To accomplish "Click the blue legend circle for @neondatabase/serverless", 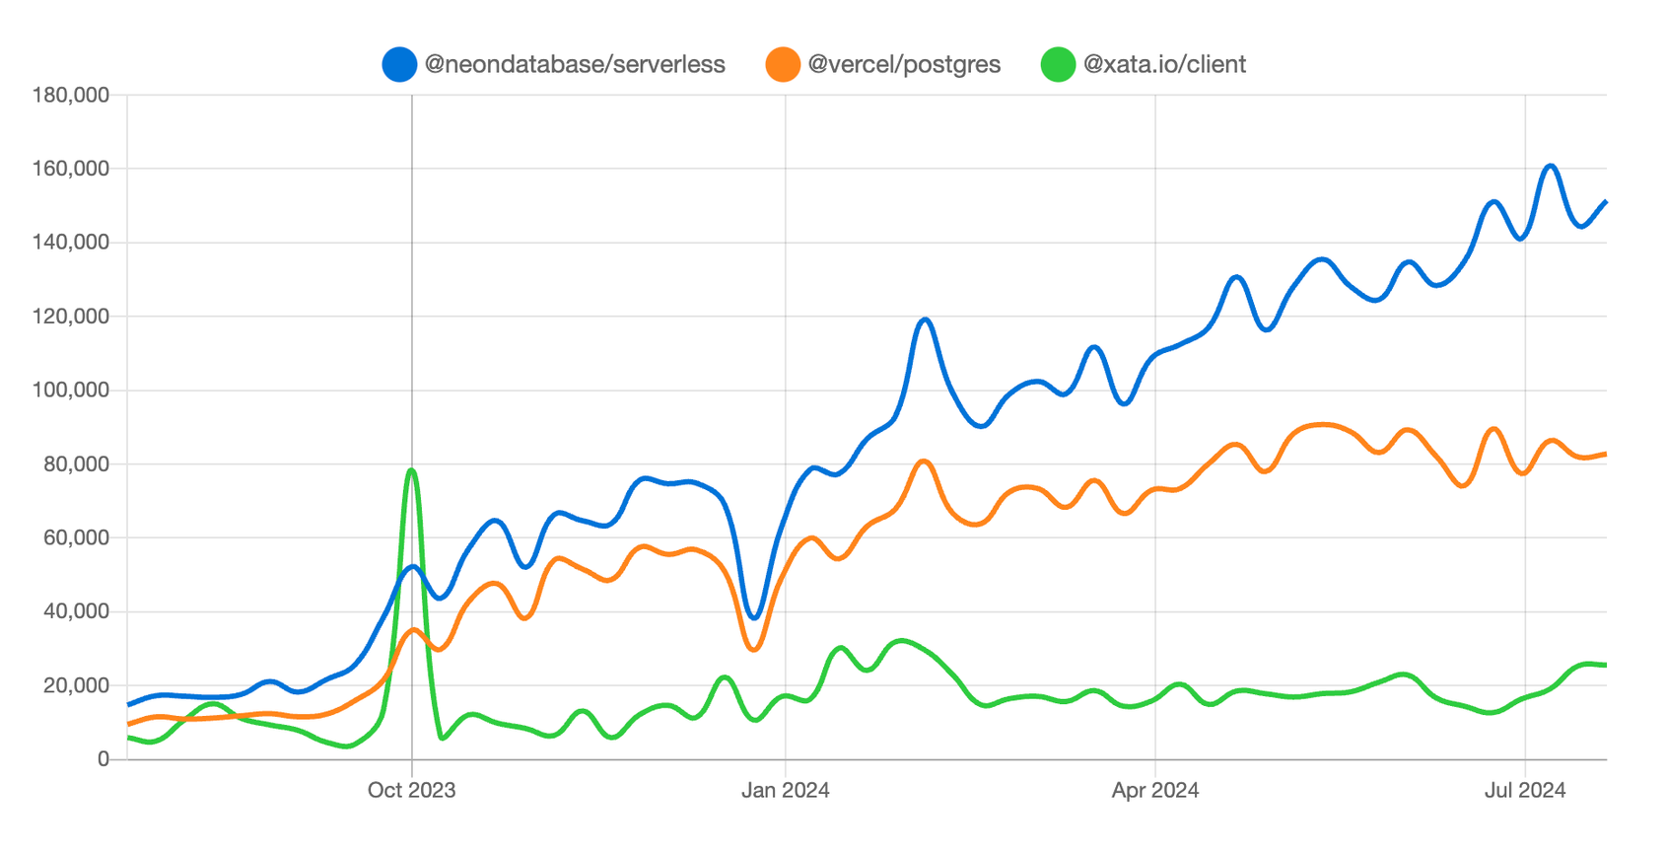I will [x=399, y=65].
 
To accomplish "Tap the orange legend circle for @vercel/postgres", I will [x=783, y=65].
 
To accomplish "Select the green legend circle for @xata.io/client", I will [x=1058, y=65].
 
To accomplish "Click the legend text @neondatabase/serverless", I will [x=575, y=65].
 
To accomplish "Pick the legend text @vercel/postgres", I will [x=904, y=65].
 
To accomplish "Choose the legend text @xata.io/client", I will [x=1164, y=65].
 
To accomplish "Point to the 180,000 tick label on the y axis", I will [x=71, y=96].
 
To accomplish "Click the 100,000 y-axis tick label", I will [x=71, y=391].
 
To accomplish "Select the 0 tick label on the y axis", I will [x=103, y=759].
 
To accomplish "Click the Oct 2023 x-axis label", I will [x=411, y=790].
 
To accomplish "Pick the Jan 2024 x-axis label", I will [x=785, y=790].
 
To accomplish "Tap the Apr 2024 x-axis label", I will [x=1154, y=790].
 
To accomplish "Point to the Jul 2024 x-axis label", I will [x=1524, y=790].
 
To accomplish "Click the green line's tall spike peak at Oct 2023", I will [x=411, y=470].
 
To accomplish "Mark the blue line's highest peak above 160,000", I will [x=1551, y=166].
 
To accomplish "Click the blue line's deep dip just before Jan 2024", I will [x=754, y=618].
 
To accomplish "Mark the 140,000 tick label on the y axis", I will [x=71, y=243].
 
